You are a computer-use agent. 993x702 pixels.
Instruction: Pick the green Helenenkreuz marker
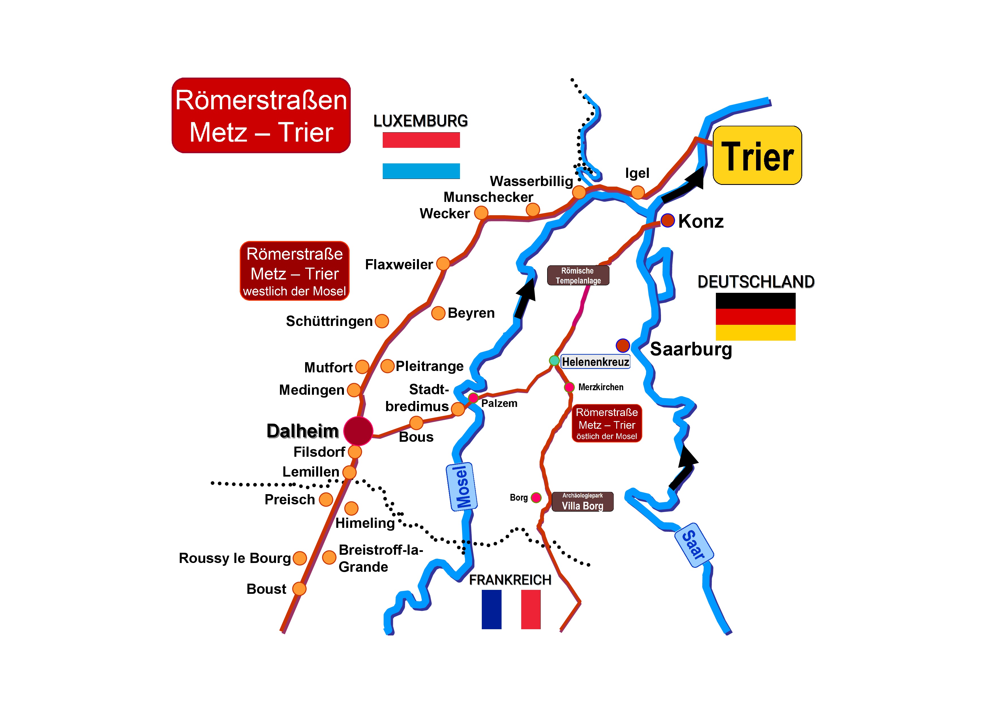pyautogui.click(x=554, y=360)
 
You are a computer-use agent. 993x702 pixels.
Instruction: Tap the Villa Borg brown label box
pyautogui.click(x=582, y=502)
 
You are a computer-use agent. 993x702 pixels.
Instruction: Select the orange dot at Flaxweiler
pyautogui.click(x=443, y=263)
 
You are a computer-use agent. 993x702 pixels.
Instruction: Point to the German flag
pyautogui.click(x=755, y=317)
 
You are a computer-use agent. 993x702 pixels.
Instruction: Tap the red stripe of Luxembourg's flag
pyautogui.click(x=421, y=140)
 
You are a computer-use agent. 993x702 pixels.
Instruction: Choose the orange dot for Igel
pyautogui.click(x=637, y=192)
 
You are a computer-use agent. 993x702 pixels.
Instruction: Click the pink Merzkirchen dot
pyautogui.click(x=569, y=387)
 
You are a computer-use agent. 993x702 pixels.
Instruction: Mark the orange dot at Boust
pyautogui.click(x=299, y=589)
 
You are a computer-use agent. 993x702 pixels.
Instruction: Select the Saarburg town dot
pyautogui.click(x=622, y=345)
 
